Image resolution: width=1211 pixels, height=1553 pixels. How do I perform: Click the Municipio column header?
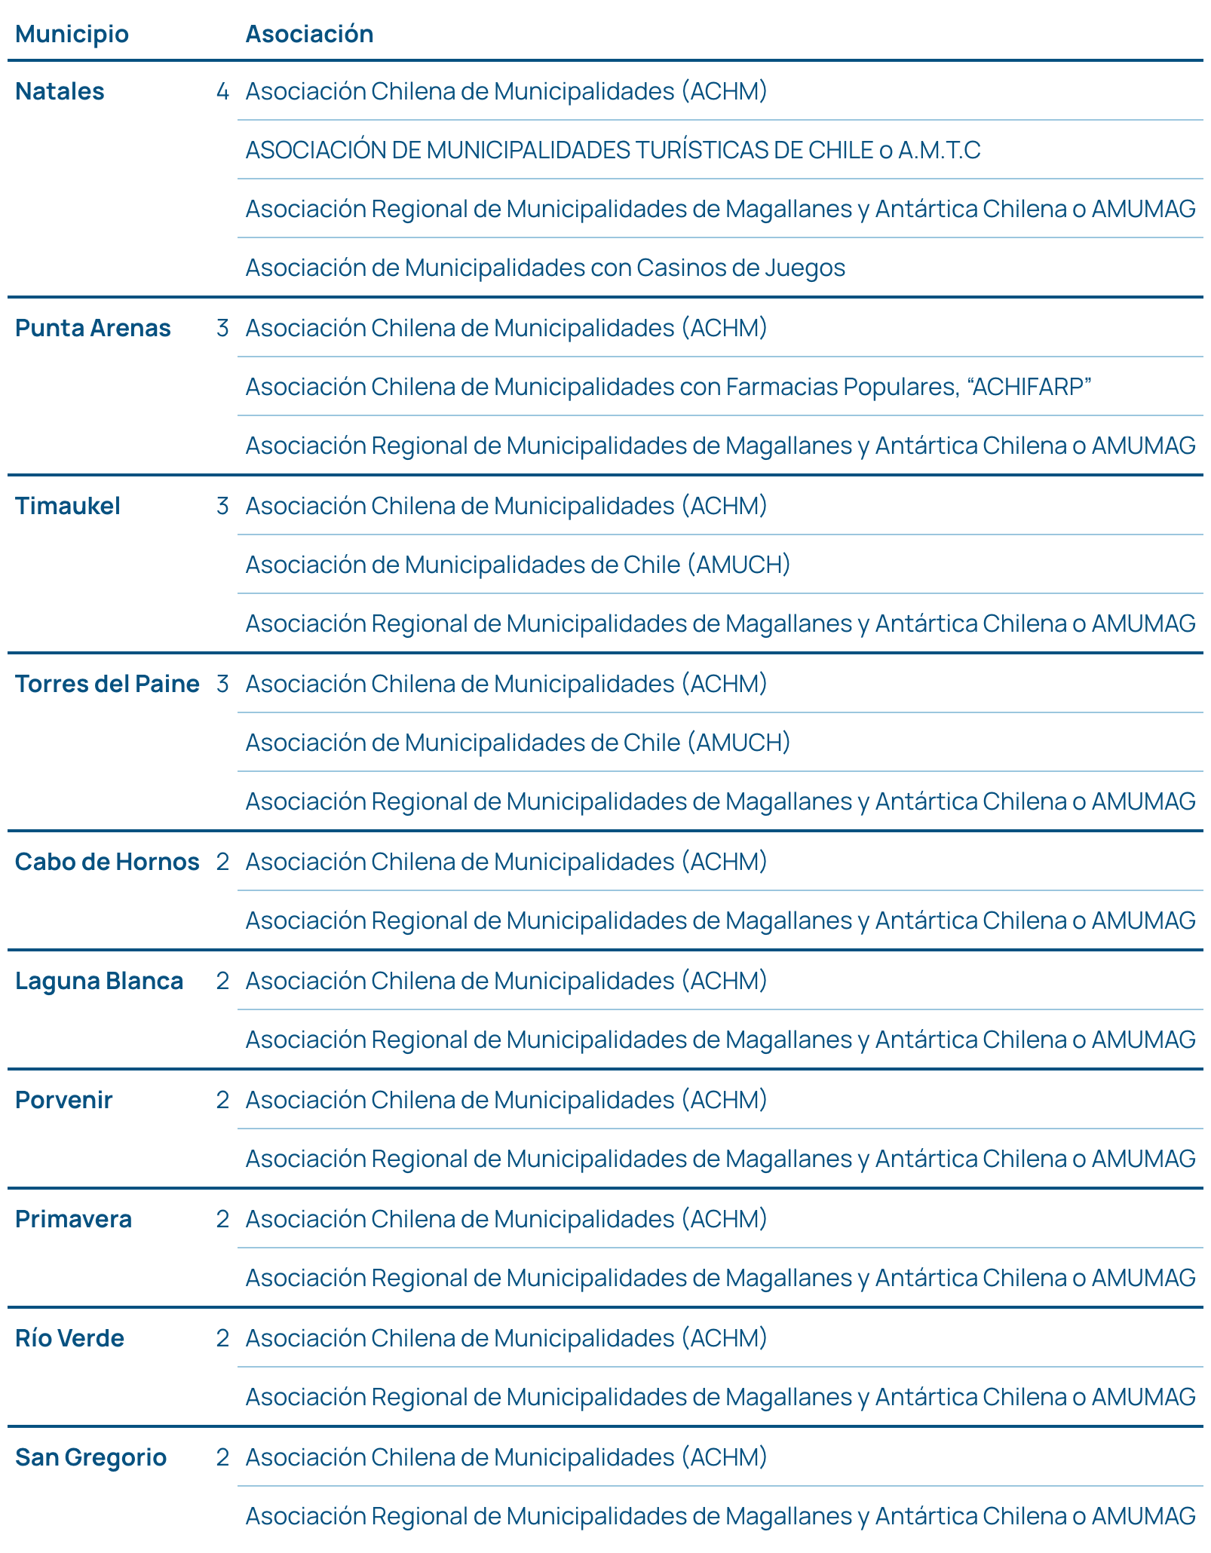(72, 34)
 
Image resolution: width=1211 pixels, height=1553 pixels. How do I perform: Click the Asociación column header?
(309, 34)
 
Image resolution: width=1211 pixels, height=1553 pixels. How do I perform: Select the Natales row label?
(60, 91)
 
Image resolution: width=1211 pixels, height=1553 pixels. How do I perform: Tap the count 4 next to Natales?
(222, 91)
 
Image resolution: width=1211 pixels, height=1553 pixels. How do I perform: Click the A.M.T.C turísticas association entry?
(612, 150)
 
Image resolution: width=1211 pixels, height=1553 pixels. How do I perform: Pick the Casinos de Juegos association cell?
(545, 268)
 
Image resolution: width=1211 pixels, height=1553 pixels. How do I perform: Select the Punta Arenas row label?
(93, 328)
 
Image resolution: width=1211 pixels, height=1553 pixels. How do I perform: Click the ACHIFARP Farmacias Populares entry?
(668, 387)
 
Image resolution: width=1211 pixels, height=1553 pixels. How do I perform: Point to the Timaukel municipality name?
(68, 506)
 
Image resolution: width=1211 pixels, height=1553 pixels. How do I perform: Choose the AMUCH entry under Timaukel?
(517, 565)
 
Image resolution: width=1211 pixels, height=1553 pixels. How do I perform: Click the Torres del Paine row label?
(107, 684)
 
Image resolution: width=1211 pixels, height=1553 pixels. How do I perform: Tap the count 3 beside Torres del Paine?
(222, 684)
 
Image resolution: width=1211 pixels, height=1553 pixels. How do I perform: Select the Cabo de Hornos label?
(107, 862)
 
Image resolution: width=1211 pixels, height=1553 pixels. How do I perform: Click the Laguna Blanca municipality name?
(99, 981)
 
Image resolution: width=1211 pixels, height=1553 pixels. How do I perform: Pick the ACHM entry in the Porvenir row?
(506, 1100)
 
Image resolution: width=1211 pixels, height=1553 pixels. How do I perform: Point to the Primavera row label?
(73, 1219)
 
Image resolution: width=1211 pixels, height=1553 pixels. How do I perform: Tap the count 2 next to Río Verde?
(222, 1338)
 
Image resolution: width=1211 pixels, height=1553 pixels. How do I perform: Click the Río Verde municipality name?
(69, 1338)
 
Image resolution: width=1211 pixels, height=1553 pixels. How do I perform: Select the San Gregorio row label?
(90, 1457)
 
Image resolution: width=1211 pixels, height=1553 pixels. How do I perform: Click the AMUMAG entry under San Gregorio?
(720, 1516)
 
